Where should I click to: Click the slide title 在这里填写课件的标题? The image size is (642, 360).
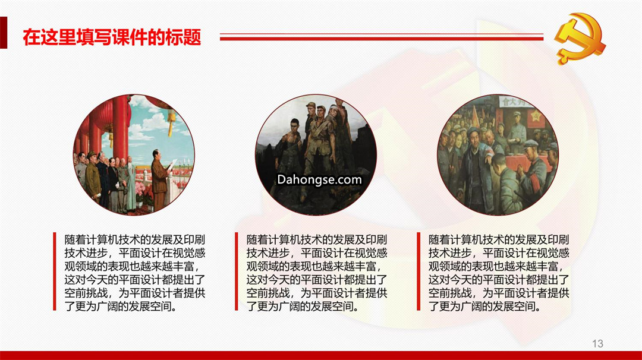(112, 37)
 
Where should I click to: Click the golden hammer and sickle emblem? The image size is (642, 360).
(580, 37)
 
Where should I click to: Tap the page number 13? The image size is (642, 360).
(597, 343)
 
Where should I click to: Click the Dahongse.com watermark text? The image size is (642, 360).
(319, 179)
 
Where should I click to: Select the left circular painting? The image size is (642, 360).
(134, 154)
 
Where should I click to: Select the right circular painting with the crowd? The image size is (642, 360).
(498, 154)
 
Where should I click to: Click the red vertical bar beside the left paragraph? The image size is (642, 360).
(55, 271)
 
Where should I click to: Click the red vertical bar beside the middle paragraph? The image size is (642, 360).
(236, 271)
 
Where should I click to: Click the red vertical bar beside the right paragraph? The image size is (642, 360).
(418, 271)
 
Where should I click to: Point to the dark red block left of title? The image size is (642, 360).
(4, 33)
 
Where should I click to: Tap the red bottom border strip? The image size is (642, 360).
(321, 355)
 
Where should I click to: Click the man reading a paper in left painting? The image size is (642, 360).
(160, 179)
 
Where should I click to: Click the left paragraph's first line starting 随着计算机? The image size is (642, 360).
(135, 240)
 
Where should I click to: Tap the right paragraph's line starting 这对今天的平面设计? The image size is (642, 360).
(499, 279)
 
